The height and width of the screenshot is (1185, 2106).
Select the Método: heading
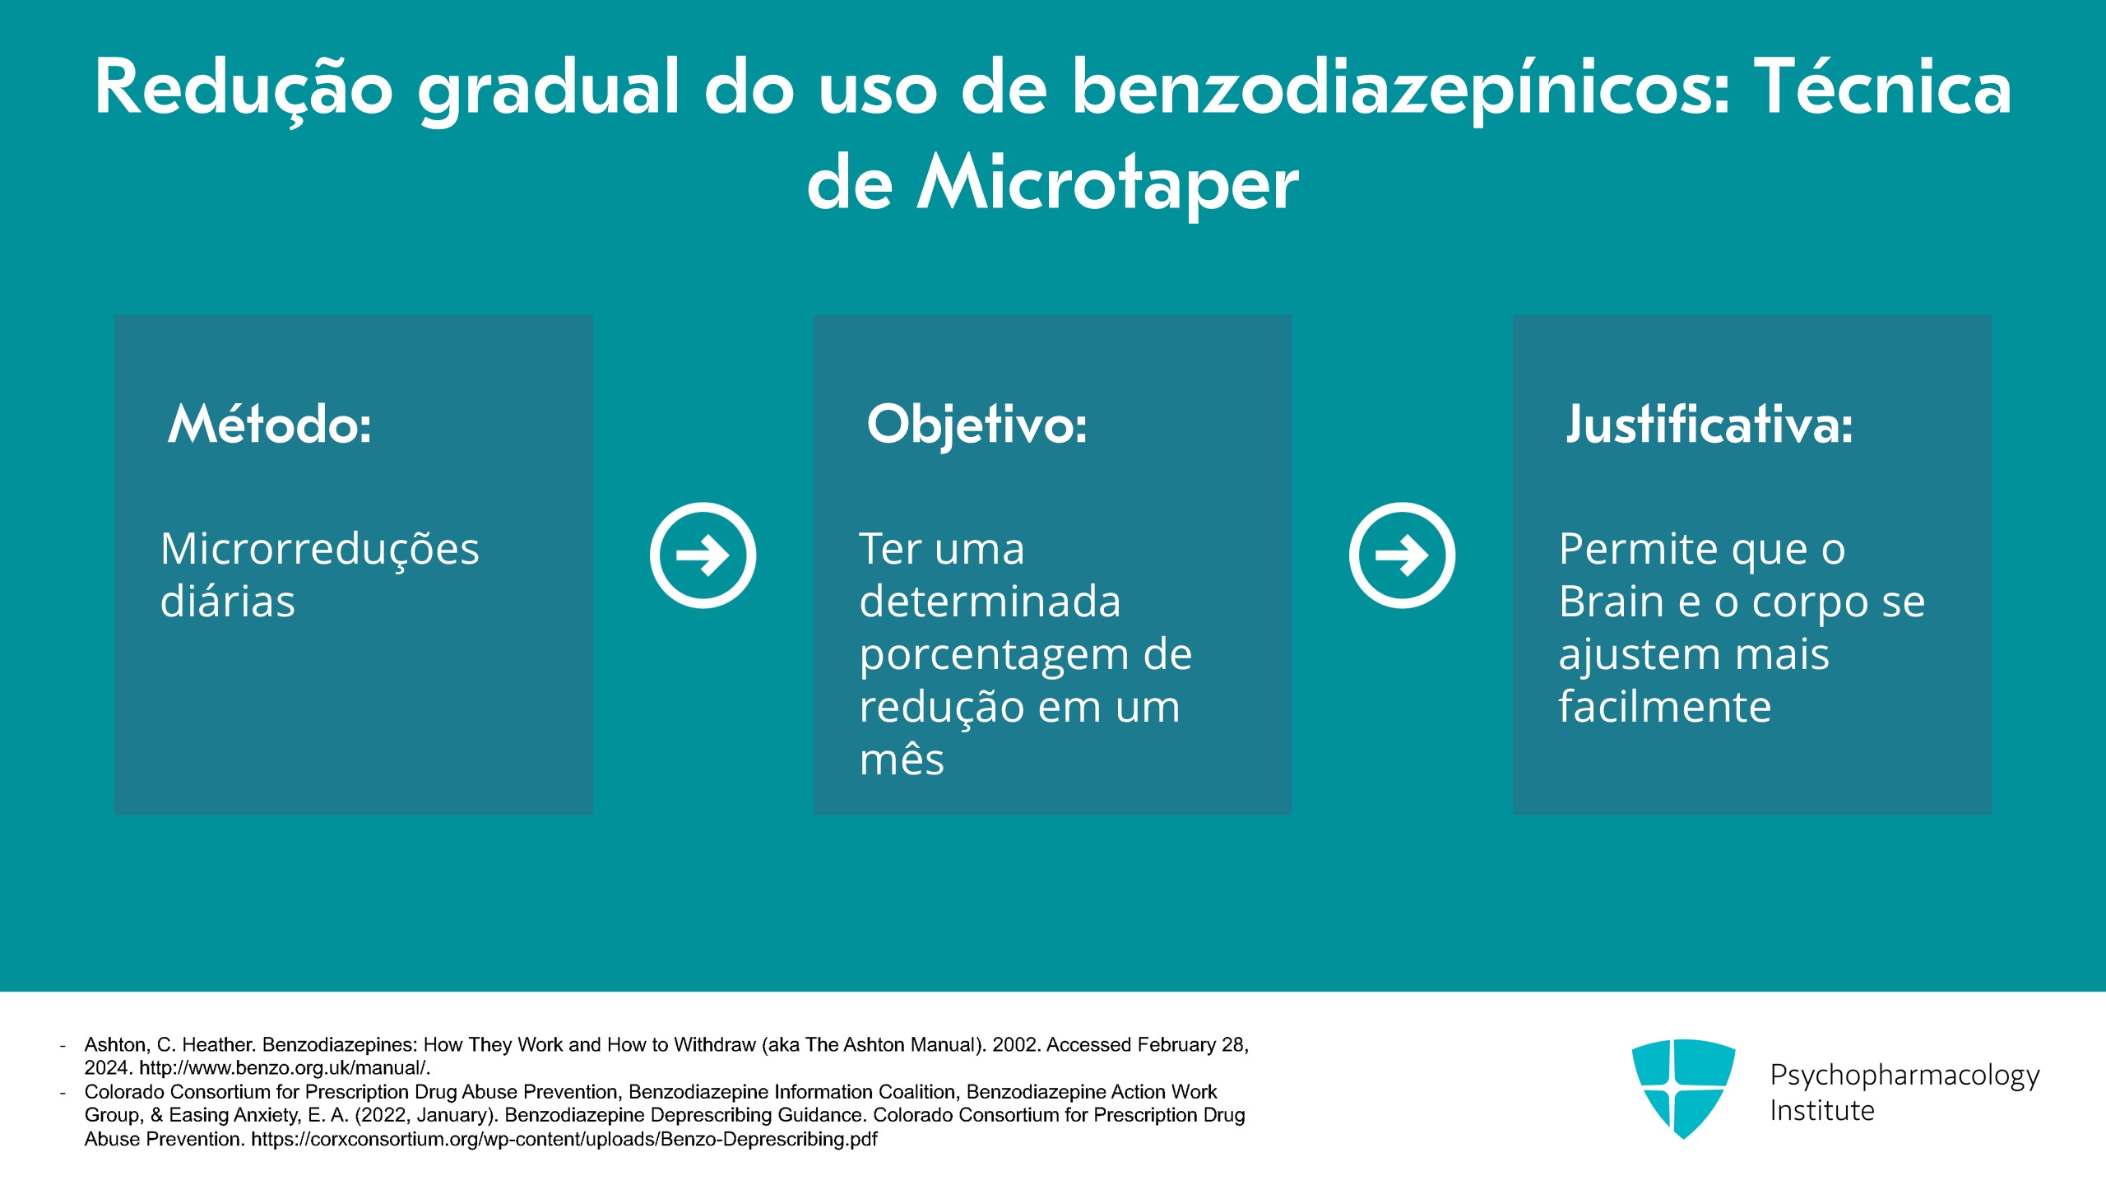point(270,425)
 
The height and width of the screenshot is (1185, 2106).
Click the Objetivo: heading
point(976,425)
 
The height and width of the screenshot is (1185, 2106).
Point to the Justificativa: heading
point(1709,425)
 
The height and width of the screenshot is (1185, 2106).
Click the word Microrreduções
point(319,550)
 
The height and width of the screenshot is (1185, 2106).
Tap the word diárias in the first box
point(228,601)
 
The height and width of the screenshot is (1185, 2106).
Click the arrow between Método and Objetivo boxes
point(703,555)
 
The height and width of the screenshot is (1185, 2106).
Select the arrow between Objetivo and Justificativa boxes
point(1402,555)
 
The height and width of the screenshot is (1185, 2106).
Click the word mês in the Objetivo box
point(902,759)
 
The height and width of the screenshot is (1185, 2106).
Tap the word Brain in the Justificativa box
point(1611,601)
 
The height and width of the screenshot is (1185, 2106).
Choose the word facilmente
point(1665,706)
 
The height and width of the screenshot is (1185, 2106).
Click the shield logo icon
point(1683,1089)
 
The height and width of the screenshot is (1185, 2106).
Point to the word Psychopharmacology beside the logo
point(1905,1076)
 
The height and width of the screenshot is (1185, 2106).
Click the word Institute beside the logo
point(1822,1111)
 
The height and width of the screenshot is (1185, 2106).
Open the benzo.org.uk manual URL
point(285,1068)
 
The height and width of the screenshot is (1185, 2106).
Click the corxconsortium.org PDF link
point(564,1140)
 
